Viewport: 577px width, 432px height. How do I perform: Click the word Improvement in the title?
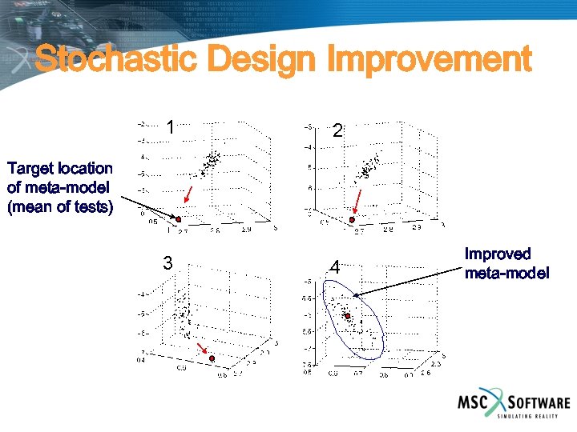[429, 60]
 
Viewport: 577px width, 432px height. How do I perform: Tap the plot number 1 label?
[170, 127]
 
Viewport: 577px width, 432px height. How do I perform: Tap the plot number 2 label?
[337, 130]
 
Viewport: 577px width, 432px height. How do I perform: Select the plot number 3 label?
[167, 262]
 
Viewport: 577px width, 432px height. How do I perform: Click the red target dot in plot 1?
[179, 219]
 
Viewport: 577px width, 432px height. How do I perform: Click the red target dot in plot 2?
[352, 219]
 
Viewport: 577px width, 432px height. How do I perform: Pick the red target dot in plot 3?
[212, 359]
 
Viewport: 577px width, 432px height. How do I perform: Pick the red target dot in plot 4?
[348, 316]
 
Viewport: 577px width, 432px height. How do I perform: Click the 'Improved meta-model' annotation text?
[506, 264]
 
